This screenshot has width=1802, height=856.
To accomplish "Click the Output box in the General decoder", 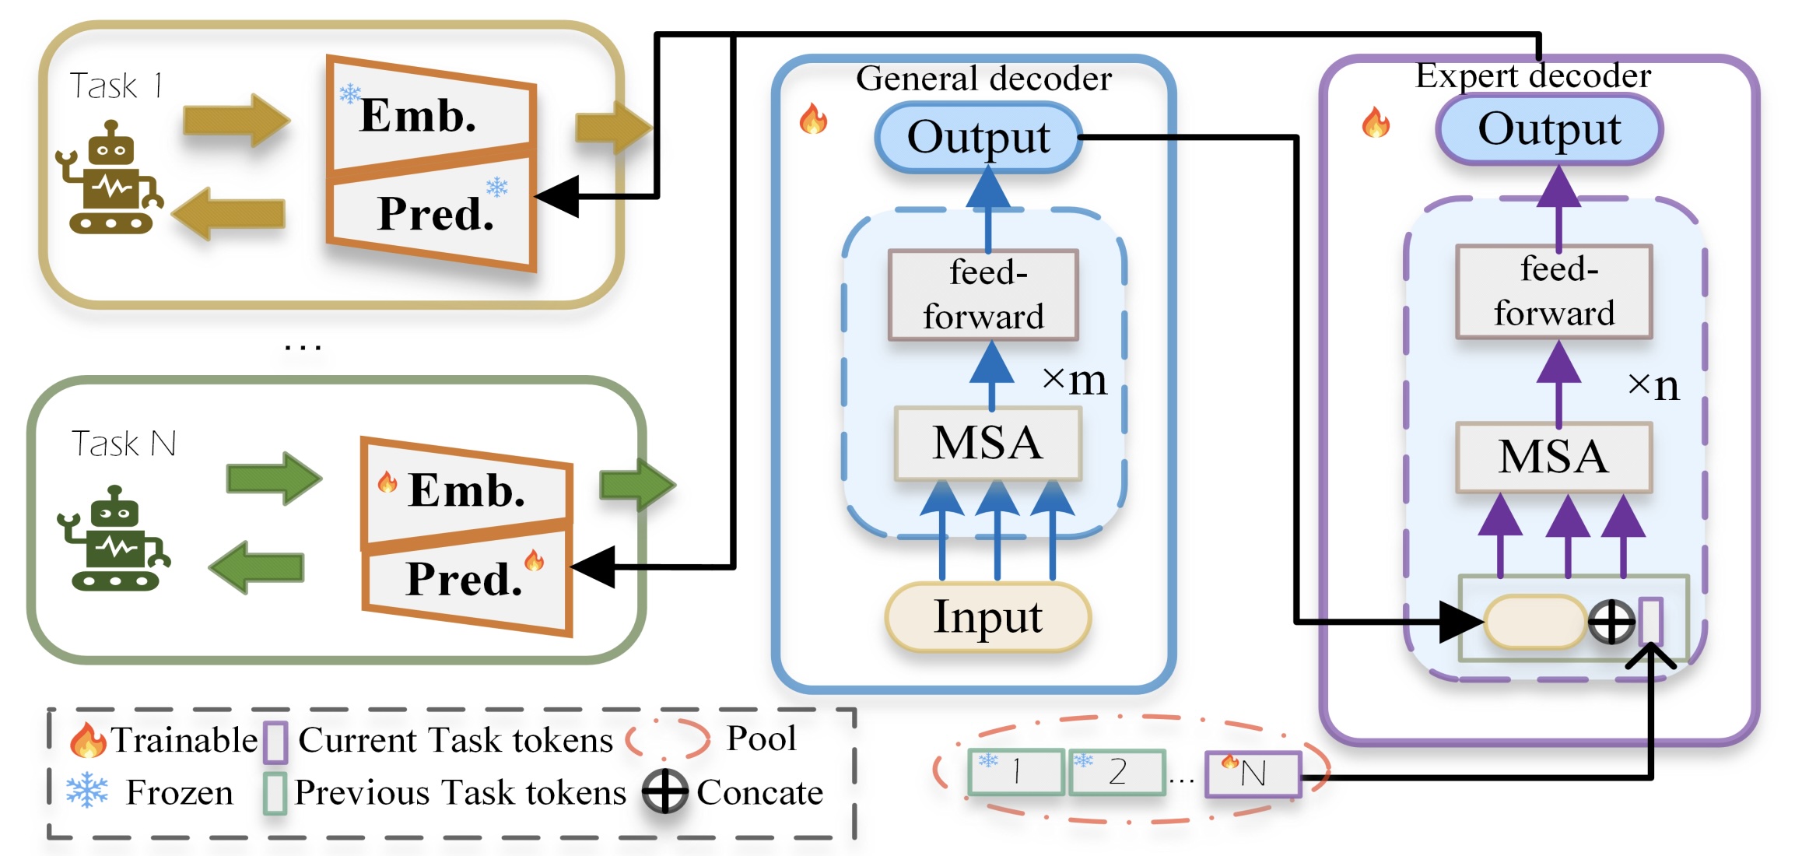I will (x=978, y=137).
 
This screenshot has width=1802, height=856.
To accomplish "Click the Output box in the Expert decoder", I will (x=1549, y=129).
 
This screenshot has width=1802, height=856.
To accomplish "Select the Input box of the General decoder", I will (x=987, y=617).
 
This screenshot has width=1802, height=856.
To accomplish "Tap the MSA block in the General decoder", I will (x=987, y=444).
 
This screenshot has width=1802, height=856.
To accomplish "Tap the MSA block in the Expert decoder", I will (x=1553, y=457).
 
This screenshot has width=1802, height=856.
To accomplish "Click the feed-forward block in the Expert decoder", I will (x=1554, y=292).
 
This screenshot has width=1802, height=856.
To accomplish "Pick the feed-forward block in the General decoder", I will (x=983, y=295).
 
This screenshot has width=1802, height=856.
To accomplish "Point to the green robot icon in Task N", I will (x=114, y=540).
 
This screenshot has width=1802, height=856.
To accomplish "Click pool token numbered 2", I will (x=1117, y=772).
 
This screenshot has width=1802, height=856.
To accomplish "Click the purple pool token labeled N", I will (x=1253, y=774).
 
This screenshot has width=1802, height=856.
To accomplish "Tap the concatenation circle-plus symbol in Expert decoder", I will (x=1611, y=622).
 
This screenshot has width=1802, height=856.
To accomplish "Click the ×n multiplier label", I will (x=1653, y=385).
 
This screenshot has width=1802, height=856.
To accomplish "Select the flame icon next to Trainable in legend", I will (x=86, y=740).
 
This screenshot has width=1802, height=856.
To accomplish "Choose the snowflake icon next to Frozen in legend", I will (x=86, y=791).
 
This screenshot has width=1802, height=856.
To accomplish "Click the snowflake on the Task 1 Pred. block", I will (x=496, y=187).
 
